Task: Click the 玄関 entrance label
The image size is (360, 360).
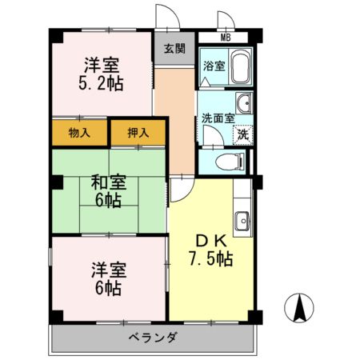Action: pos(174,48)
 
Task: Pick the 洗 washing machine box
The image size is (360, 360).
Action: pos(242,134)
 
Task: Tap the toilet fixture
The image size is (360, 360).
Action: pos(232,162)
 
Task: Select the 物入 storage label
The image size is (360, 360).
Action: pos(80,133)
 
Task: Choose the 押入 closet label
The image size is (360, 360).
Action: pos(138,133)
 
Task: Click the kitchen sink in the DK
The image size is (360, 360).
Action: pos(242,219)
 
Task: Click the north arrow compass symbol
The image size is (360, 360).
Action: pos(299,308)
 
